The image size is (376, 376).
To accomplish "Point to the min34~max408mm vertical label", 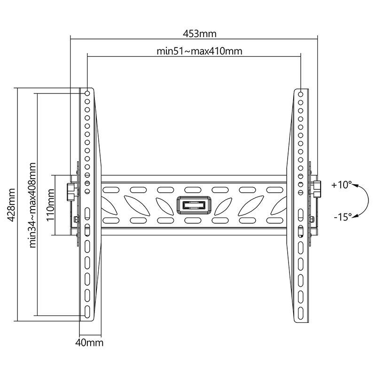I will (33, 205).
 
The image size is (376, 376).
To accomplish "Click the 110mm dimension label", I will (51, 204).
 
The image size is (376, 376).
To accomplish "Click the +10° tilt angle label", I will (341, 185).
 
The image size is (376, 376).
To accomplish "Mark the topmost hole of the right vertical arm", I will (300, 94).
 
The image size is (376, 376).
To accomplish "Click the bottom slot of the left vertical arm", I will (87, 311).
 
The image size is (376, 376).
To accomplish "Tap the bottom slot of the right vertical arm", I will (300, 311).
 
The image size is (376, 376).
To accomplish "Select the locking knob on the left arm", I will (70, 190).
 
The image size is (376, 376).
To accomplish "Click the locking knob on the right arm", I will (317, 188).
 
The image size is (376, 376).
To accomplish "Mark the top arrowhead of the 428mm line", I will (17, 89).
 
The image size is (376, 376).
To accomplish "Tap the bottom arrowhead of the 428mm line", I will (17, 320).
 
